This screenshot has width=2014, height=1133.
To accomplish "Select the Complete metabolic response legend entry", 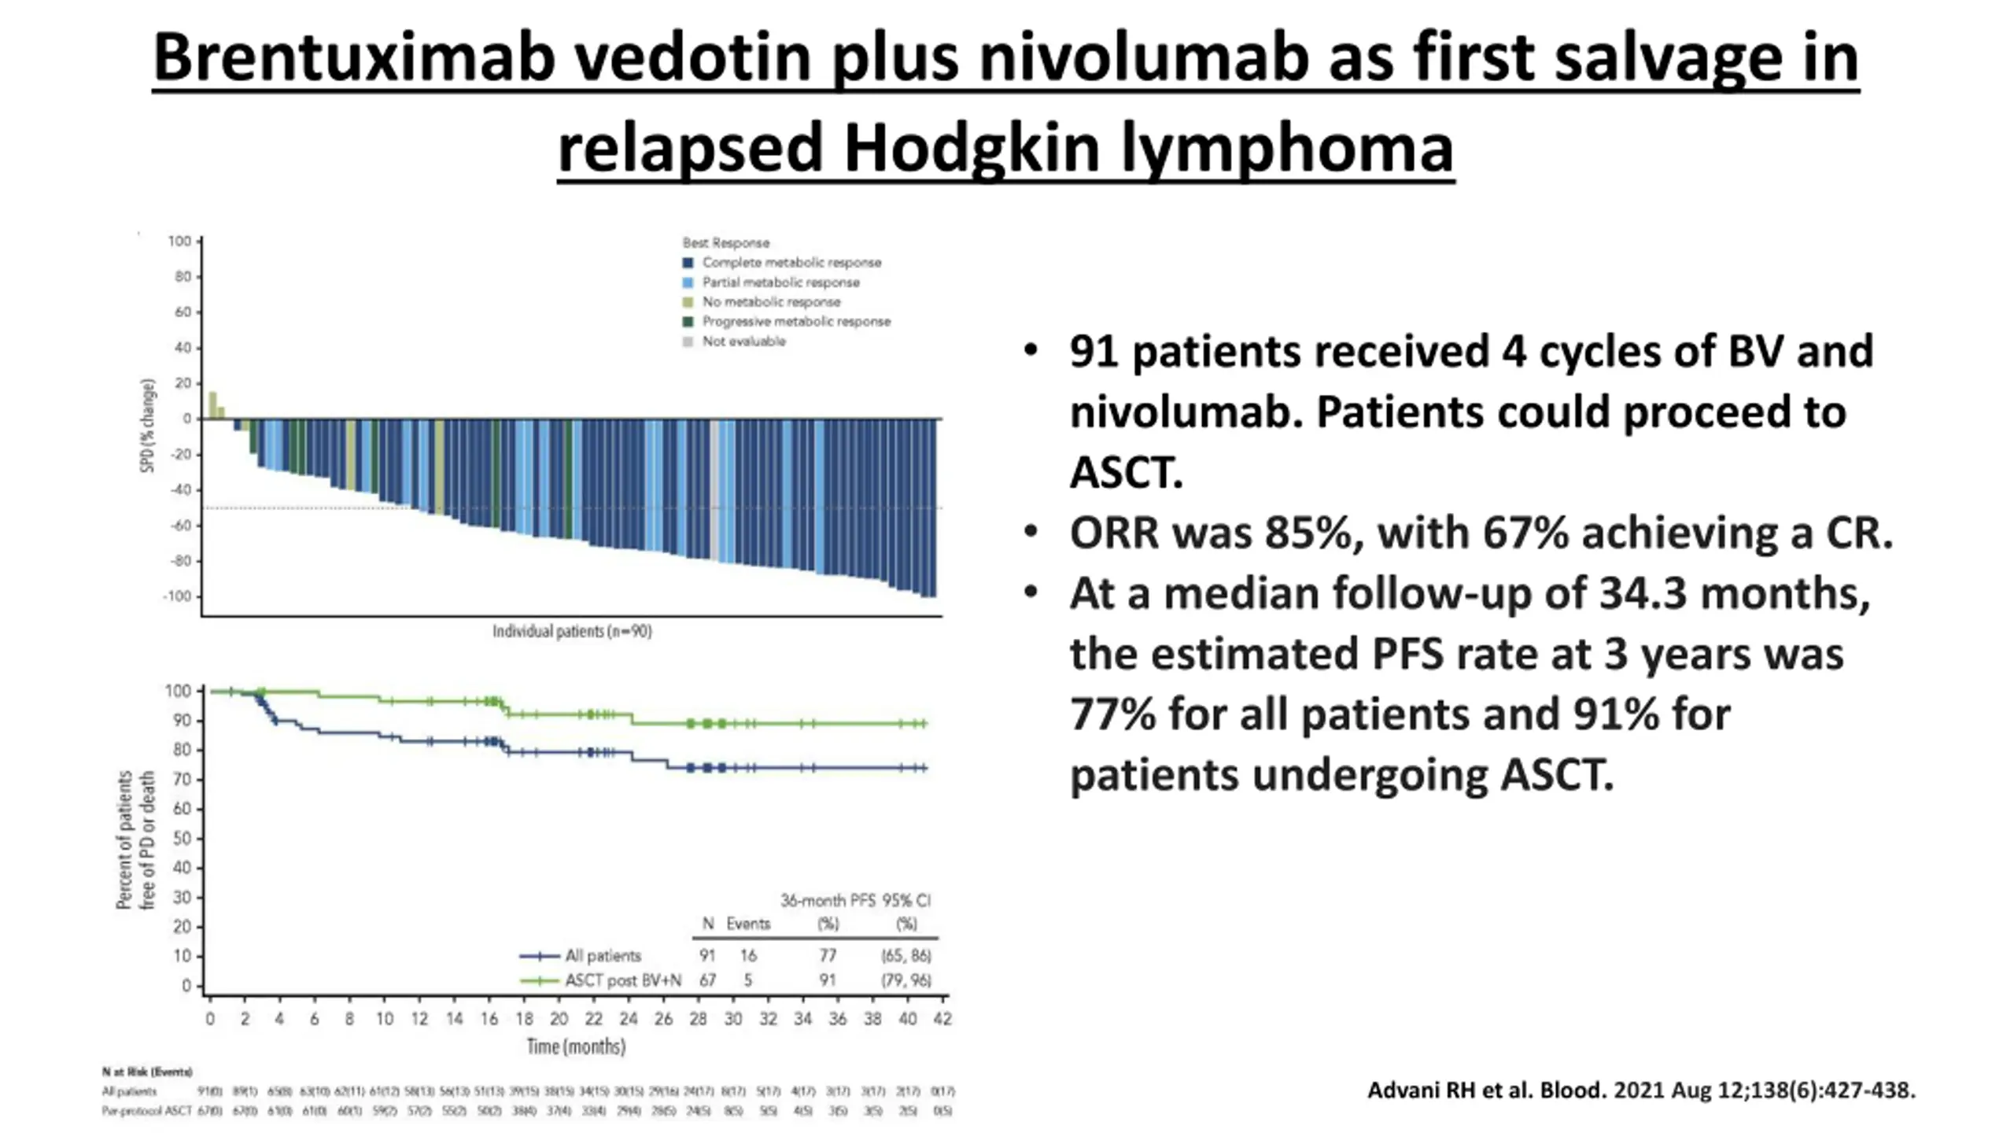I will (x=791, y=263).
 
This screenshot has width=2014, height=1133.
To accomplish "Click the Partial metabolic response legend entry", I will (x=780, y=282).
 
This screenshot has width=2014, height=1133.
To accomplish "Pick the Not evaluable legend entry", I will (x=743, y=341).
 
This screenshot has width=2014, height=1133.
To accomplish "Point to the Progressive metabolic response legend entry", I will (x=795, y=322).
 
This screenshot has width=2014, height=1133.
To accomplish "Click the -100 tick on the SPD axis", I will (x=178, y=596).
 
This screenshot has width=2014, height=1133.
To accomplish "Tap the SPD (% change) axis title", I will (x=147, y=426).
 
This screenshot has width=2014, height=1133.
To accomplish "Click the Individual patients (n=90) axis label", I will (x=572, y=631).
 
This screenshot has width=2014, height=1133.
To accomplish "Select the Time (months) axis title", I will (x=576, y=1046).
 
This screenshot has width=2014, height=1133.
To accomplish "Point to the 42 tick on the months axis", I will (x=942, y=1019).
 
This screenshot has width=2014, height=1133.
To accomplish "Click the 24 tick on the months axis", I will (x=628, y=1019).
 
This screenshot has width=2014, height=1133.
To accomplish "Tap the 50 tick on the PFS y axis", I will (x=182, y=839).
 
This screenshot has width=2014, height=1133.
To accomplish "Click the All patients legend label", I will (x=603, y=956).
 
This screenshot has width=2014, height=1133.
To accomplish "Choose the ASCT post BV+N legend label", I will (x=622, y=980).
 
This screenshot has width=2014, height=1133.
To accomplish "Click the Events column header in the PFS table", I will (x=747, y=924).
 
